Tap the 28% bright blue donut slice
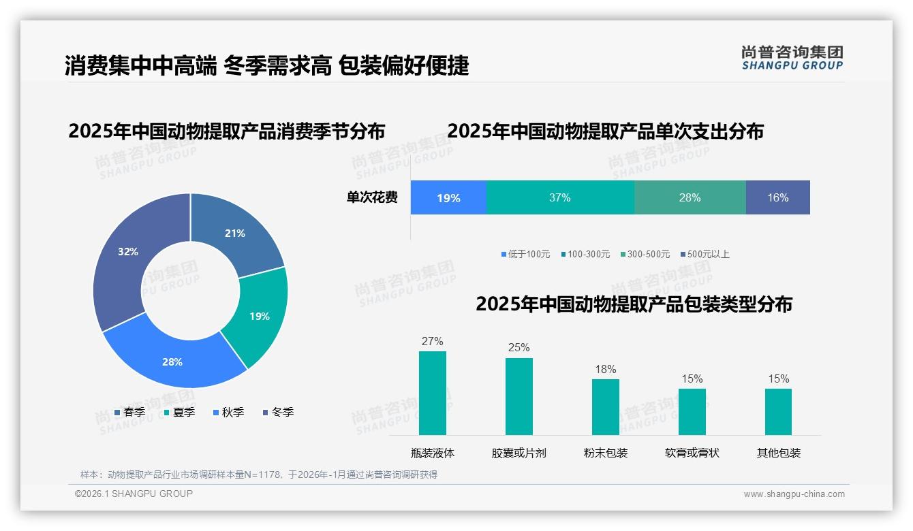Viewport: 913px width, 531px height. coord(172,361)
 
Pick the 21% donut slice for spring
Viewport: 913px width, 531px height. coord(236,233)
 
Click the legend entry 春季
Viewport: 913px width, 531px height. coord(130,412)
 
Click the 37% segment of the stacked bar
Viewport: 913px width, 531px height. coord(560,197)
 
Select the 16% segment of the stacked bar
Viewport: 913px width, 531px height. coord(777,197)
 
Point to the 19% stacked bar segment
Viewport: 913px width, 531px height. coord(448,197)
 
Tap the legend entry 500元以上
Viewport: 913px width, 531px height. coord(705,254)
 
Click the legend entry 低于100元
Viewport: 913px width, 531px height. coord(525,254)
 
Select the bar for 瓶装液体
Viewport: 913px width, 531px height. coord(432,393)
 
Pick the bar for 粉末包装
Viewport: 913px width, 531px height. coord(605,406)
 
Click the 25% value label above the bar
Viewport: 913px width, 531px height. coord(519,347)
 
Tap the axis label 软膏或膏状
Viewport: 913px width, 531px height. coord(692,453)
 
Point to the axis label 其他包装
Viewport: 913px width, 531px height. coord(778,453)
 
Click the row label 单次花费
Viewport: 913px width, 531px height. coord(372,197)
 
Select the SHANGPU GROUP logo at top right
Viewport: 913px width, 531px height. coord(792,57)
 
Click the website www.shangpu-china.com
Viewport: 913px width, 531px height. coord(794,494)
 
